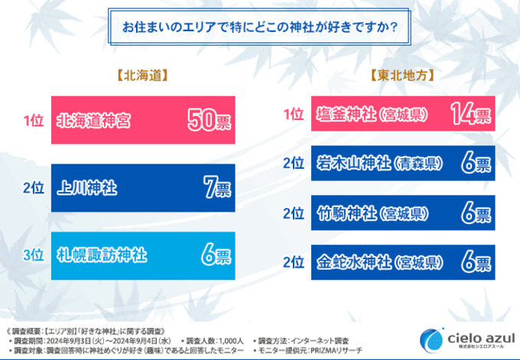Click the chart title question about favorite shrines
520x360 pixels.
pos(259,28)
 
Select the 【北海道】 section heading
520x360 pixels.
pos(141,76)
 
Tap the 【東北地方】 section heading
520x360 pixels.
pos(401,76)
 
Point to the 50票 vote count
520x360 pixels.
pos(209,121)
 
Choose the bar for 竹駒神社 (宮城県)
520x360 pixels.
pos(401,213)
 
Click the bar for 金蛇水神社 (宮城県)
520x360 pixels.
pos(401,264)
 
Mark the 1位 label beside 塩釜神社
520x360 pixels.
pos(294,115)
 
